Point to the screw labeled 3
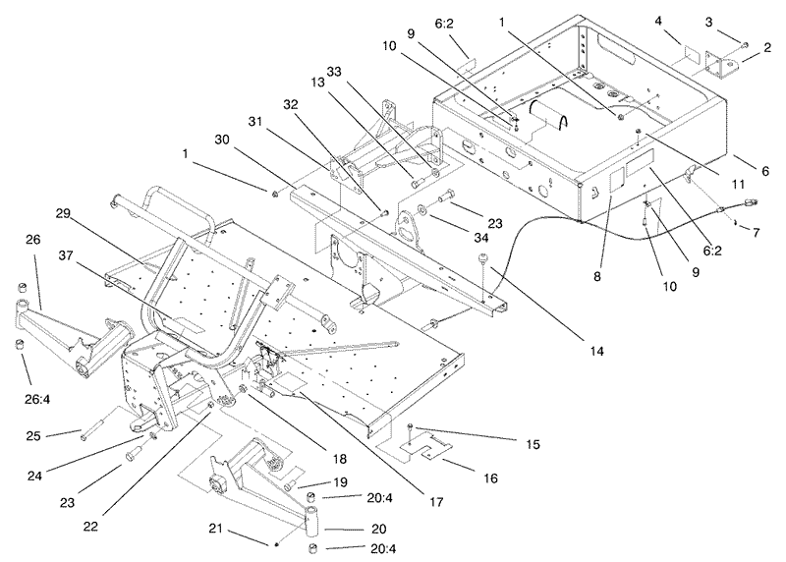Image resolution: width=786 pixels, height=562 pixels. (x=745, y=45)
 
